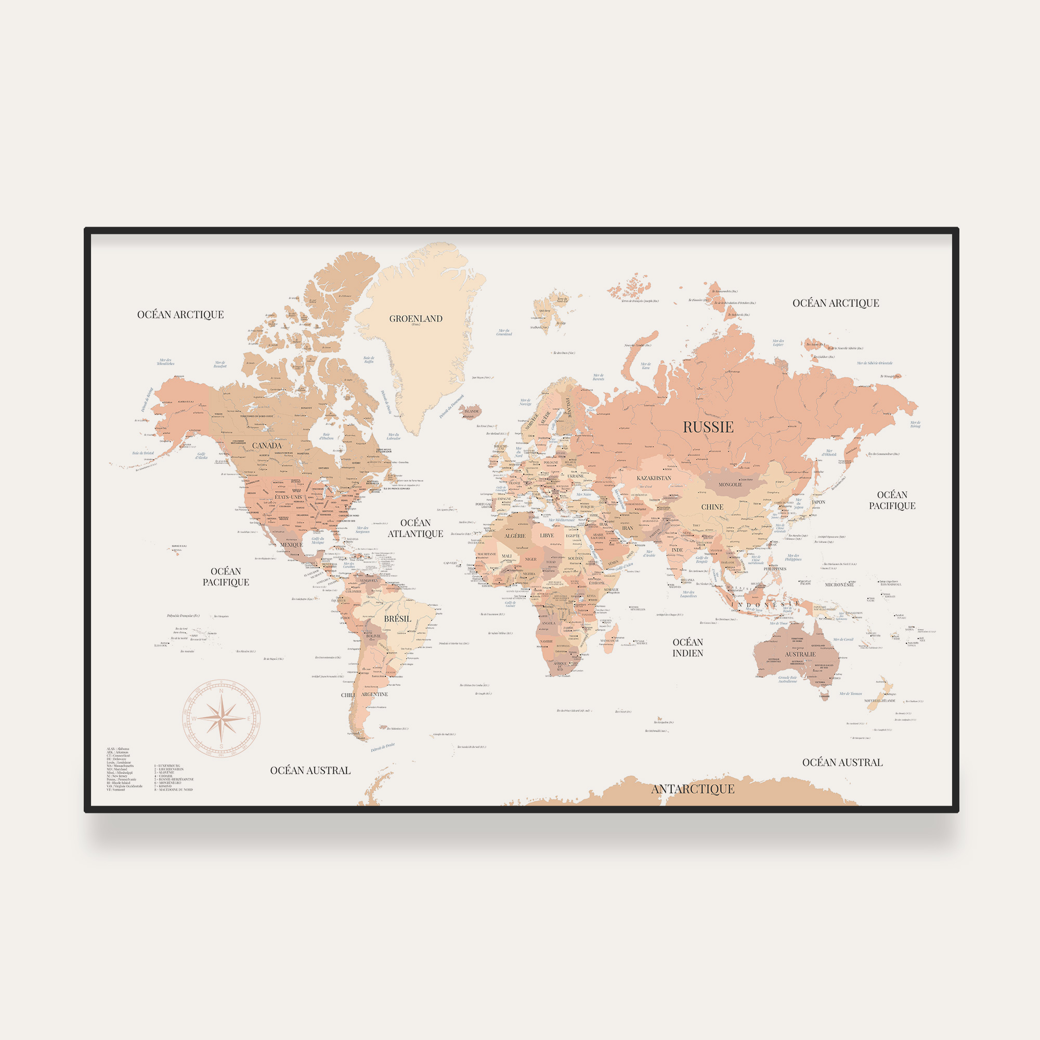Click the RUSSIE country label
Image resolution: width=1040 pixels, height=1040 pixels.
[708, 427]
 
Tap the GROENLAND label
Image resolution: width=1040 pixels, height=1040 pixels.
[415, 319]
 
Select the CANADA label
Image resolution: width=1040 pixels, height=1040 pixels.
[267, 446]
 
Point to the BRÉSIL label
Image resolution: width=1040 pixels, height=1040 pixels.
[397, 619]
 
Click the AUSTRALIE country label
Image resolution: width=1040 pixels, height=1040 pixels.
[800, 655]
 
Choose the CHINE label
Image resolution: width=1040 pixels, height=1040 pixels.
[712, 507]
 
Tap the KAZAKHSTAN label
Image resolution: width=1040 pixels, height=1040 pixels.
[654, 478]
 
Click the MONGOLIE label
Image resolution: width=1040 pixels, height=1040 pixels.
[731, 485]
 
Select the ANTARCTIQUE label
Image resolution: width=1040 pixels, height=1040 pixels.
[693, 789]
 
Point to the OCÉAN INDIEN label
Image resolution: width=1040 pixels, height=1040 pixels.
[688, 647]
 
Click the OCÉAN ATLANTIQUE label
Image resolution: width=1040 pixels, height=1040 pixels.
[415, 528]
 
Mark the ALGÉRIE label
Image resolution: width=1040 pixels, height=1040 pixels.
[515, 536]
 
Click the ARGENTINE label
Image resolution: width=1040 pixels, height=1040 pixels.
[374, 694]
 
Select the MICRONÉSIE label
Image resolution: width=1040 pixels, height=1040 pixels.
[839, 584]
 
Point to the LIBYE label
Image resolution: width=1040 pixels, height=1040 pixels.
[547, 536]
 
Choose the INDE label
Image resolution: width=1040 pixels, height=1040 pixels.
[677, 550]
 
